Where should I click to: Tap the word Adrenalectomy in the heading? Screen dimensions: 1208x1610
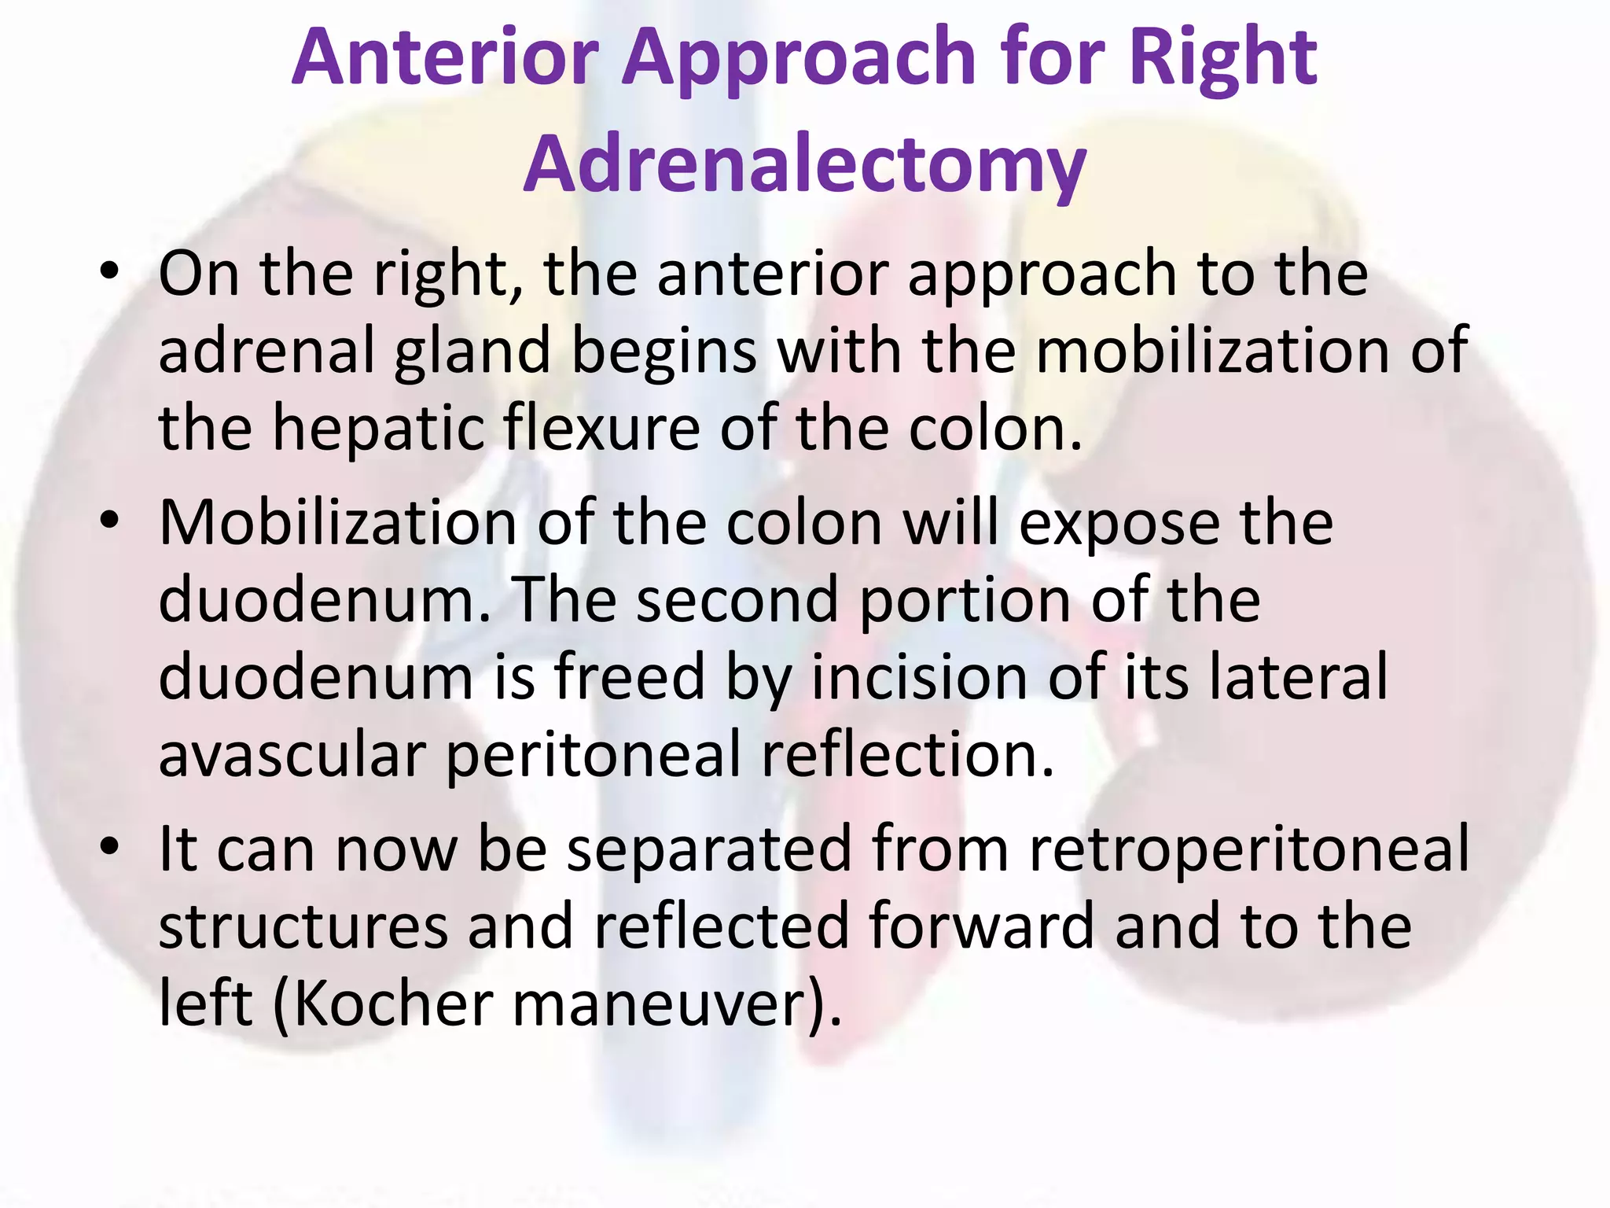click(x=804, y=164)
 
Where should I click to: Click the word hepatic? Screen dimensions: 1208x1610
click(x=377, y=429)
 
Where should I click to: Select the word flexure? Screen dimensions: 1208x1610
click(x=601, y=429)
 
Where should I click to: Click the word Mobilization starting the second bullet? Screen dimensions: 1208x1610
click(x=337, y=522)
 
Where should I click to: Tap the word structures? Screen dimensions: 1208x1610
click(x=303, y=926)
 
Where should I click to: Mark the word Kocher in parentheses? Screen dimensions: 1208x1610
click(x=393, y=1004)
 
